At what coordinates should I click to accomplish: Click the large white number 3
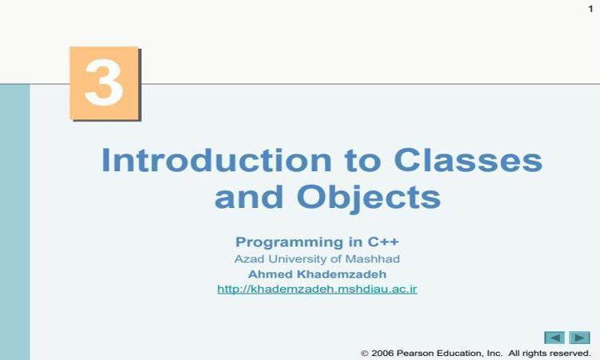pyautogui.click(x=104, y=83)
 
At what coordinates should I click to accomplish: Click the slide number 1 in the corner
pyautogui.click(x=590, y=9)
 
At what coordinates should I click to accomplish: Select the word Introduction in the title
pyautogui.click(x=216, y=160)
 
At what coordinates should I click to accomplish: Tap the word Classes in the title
pyautogui.click(x=468, y=160)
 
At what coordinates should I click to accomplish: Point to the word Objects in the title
pyautogui.click(x=369, y=198)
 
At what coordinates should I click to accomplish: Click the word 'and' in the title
pyautogui.click(x=249, y=197)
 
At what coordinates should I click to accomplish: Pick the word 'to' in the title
pyautogui.click(x=362, y=162)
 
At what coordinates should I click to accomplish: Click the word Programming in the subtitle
pyautogui.click(x=290, y=242)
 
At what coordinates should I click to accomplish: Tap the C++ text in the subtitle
pyautogui.click(x=383, y=242)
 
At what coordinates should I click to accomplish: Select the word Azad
pyautogui.click(x=249, y=259)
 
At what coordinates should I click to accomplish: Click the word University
pyautogui.click(x=298, y=259)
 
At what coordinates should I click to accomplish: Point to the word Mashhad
pyautogui.click(x=372, y=259)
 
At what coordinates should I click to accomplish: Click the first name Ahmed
pyautogui.click(x=270, y=274)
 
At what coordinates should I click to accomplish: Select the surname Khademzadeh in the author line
pyautogui.click(x=342, y=274)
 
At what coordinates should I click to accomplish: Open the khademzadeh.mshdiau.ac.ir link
pyautogui.click(x=318, y=289)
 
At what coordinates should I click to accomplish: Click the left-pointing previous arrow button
pyautogui.click(x=554, y=338)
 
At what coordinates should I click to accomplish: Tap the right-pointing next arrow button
pyautogui.click(x=579, y=338)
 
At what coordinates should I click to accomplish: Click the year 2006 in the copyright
pyautogui.click(x=382, y=353)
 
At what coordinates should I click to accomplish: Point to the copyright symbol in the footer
pyautogui.click(x=365, y=353)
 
